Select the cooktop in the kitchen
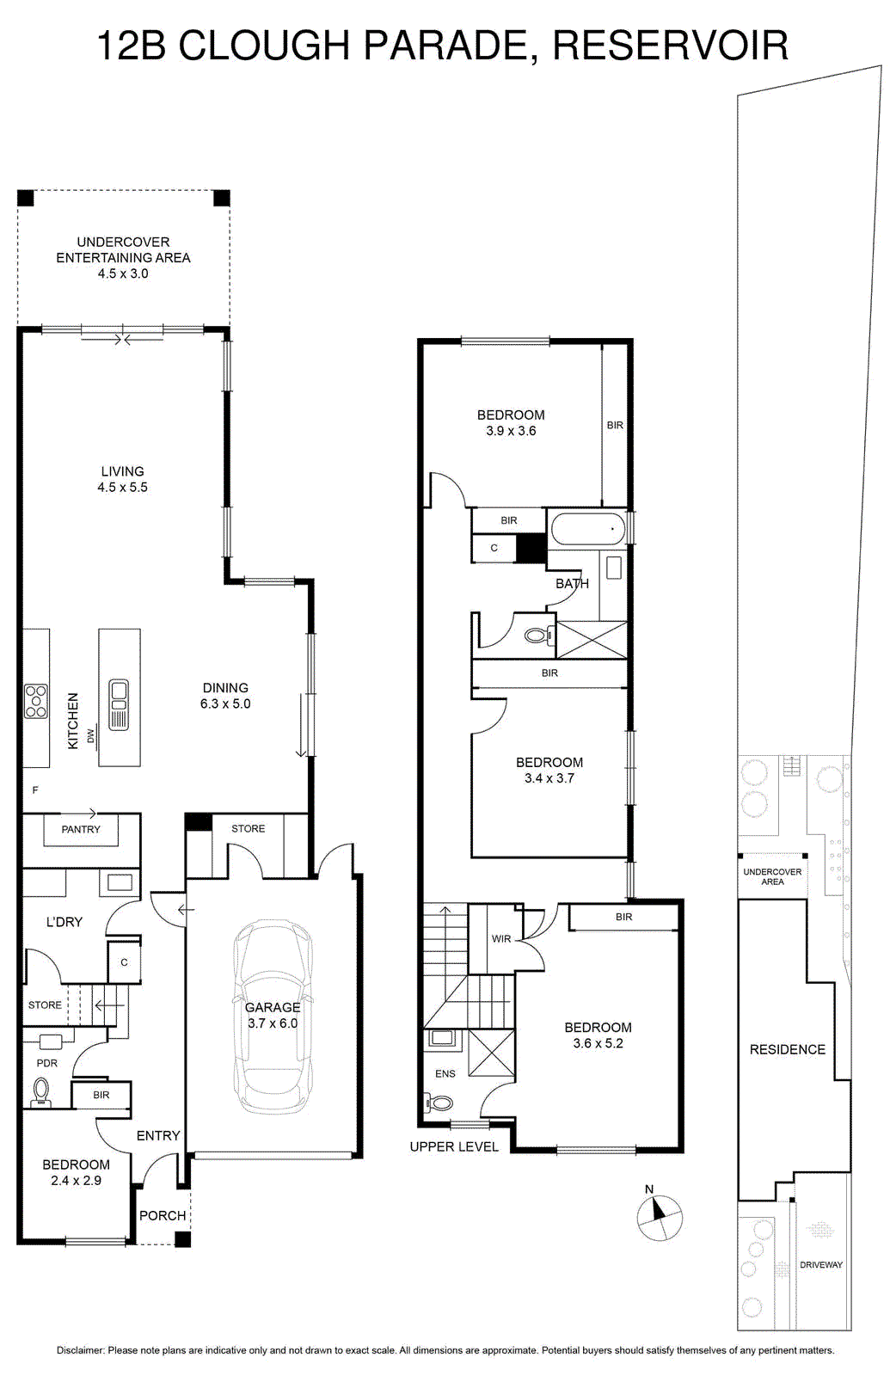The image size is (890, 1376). pyautogui.click(x=36, y=701)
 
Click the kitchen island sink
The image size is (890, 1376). pyautogui.click(x=119, y=704)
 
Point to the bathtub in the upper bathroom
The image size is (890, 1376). pyautogui.click(x=588, y=529)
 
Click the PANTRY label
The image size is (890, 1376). pyautogui.click(x=81, y=829)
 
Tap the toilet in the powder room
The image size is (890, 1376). pyautogui.click(x=41, y=1091)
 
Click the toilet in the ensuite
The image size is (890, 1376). pyautogui.click(x=438, y=1103)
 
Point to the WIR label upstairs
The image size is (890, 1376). pyautogui.click(x=501, y=938)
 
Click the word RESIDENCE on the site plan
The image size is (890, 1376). pyautogui.click(x=788, y=1049)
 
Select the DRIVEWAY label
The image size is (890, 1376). pyautogui.click(x=821, y=1265)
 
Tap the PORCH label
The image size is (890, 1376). pyautogui.click(x=163, y=1216)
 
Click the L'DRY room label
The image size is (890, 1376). pyautogui.click(x=64, y=921)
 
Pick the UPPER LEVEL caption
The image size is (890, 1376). pyautogui.click(x=454, y=1147)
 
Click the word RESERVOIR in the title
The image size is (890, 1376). pyautogui.click(x=671, y=45)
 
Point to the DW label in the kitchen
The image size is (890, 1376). pyautogui.click(x=91, y=735)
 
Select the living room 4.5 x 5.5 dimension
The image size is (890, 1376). pyautogui.click(x=122, y=487)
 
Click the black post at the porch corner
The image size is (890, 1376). pyautogui.click(x=182, y=1239)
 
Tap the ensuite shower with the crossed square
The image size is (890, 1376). pyautogui.click(x=491, y=1053)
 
